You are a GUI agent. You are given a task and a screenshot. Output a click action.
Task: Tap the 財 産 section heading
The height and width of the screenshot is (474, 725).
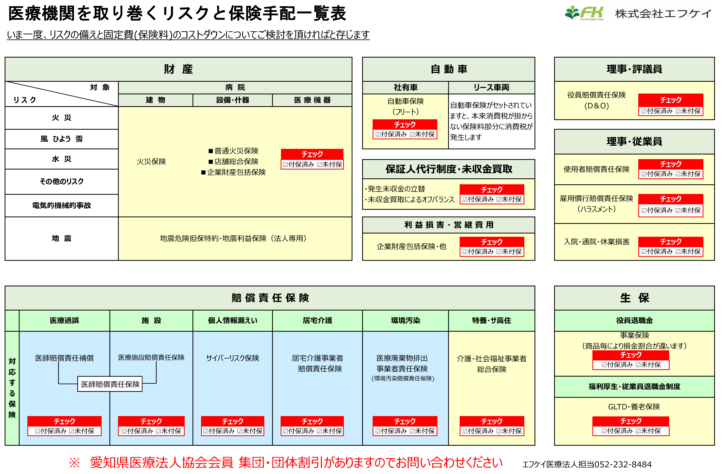pyautogui.click(x=178, y=69)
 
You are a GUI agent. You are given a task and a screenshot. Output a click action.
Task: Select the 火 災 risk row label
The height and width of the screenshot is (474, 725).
pyautogui.click(x=62, y=118)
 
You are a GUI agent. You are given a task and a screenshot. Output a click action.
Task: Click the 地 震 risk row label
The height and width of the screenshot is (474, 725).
pyautogui.click(x=62, y=238)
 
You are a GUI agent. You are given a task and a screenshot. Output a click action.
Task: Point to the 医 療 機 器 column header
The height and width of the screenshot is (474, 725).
pyautogui.click(x=312, y=100)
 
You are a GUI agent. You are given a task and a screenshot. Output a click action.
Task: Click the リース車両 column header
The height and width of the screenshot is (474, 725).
pyautogui.click(x=491, y=88)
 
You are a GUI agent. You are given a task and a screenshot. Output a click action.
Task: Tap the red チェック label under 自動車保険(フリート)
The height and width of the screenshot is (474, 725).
pyautogui.click(x=405, y=124)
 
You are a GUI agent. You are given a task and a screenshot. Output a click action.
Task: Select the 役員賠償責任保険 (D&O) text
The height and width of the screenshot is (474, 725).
pyautogui.click(x=596, y=100)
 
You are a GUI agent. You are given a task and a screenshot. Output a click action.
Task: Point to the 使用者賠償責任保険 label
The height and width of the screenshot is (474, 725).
pyautogui.click(x=596, y=169)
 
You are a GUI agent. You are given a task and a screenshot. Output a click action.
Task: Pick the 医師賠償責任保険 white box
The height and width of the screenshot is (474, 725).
pyautogui.click(x=110, y=384)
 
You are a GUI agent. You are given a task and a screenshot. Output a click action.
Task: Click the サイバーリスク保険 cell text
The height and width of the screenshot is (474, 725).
pyautogui.click(x=232, y=358)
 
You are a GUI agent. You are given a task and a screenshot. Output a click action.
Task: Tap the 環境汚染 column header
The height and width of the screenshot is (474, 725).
pyautogui.click(x=405, y=320)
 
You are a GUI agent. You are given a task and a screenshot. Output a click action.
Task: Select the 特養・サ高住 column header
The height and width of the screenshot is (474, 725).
pyautogui.click(x=491, y=320)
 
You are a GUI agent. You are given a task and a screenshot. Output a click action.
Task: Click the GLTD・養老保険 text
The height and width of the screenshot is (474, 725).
pyautogui.click(x=634, y=407)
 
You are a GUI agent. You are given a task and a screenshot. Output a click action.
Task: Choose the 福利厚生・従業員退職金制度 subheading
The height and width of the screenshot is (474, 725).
pyautogui.click(x=634, y=386)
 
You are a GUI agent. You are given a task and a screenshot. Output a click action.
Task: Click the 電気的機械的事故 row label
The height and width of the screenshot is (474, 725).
pyautogui.click(x=62, y=205)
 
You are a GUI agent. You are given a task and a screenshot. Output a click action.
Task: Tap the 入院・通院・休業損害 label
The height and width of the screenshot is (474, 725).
pyautogui.click(x=596, y=242)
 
